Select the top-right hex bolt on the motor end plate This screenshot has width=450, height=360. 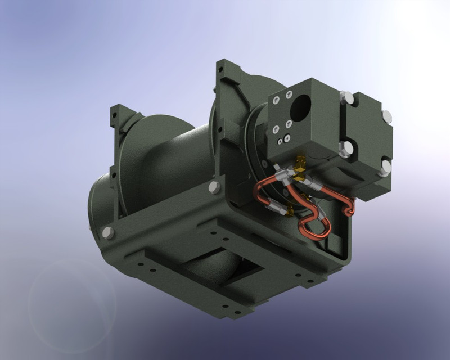(x=386, y=116)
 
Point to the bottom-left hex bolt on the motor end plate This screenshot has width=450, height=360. (x=346, y=147)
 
